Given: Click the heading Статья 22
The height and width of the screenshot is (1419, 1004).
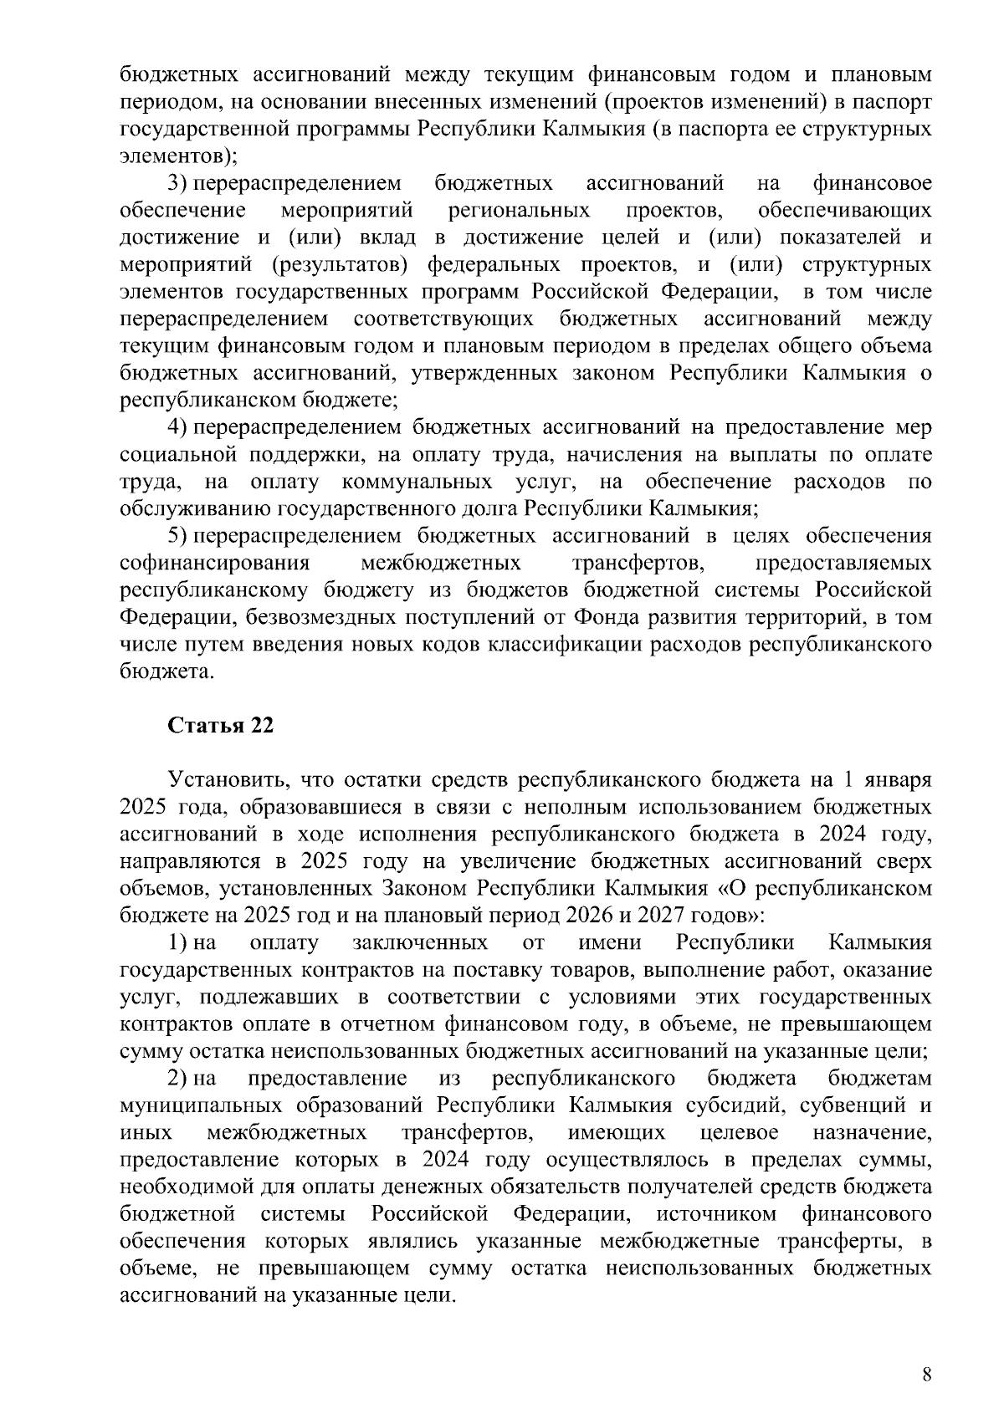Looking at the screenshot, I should [x=221, y=725].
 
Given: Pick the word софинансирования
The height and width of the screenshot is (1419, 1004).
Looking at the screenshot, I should [x=214, y=563].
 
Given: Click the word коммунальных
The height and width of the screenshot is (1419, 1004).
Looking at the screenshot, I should [x=416, y=482].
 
